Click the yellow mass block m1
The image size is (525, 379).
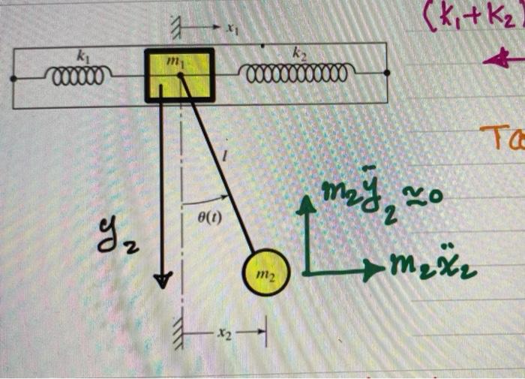pos(179,75)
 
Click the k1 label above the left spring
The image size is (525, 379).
pos(82,56)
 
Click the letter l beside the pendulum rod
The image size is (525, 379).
pos(226,155)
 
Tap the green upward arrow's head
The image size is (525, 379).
pos(304,203)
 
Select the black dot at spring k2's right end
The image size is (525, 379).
pos(386,74)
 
